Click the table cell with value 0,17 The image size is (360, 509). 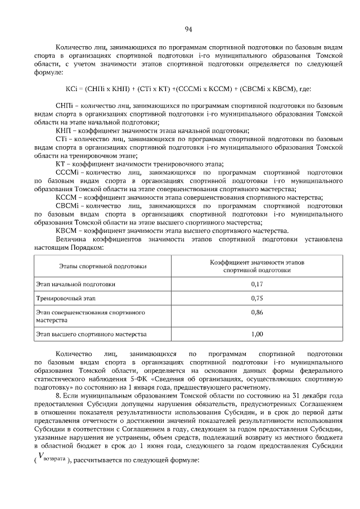[x=256, y=284]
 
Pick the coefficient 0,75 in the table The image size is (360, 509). [x=256, y=298]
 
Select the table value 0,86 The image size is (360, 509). [x=256, y=312]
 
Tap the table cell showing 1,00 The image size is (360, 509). [x=256, y=334]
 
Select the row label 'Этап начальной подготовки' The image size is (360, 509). [x=76, y=284]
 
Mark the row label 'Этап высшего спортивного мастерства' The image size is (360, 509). [x=91, y=334]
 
